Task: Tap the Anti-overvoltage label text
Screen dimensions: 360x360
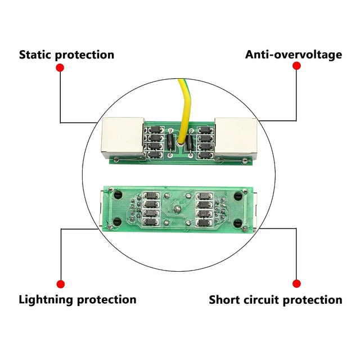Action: click(294, 55)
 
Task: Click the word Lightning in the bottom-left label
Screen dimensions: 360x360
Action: click(46, 300)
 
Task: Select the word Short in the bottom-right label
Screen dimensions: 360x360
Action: click(224, 300)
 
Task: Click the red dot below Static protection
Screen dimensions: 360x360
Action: click(60, 67)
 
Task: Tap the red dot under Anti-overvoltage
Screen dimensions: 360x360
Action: click(296, 66)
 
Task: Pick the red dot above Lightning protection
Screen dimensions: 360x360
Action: click(61, 284)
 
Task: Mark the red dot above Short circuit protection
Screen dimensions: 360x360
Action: click(296, 283)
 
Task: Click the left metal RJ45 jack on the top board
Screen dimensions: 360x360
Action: click(123, 138)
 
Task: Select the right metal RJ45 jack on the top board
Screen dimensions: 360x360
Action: click(235, 138)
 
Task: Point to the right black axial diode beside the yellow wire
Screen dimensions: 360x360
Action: click(190, 143)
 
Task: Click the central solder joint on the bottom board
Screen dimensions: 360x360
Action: click(177, 209)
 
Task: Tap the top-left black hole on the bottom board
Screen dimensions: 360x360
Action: click(118, 195)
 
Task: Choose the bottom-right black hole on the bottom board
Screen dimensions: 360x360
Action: click(237, 222)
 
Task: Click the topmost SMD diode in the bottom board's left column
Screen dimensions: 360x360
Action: click(151, 196)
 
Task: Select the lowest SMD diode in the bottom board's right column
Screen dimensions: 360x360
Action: click(204, 223)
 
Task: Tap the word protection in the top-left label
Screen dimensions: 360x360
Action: click(84, 55)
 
